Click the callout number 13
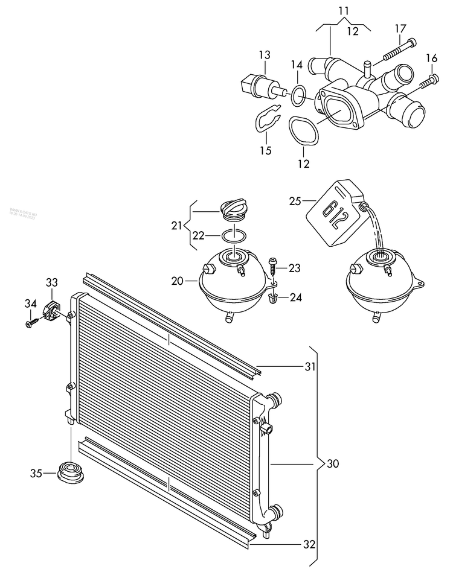click(265, 56)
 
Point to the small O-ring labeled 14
click(297, 94)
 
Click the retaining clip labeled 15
click(265, 119)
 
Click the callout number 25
click(294, 202)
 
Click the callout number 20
click(177, 281)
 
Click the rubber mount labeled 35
click(70, 471)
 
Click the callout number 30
click(333, 464)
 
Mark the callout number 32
click(309, 544)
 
